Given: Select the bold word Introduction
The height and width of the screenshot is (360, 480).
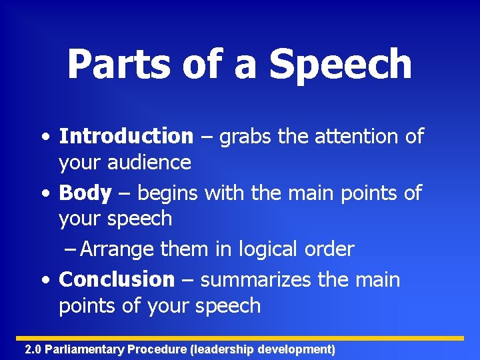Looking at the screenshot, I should (126, 137).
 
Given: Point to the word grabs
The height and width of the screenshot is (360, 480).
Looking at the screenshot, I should (247, 137).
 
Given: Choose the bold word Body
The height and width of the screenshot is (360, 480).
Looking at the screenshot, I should (85, 193).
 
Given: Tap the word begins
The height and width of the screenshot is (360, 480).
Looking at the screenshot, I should (169, 194).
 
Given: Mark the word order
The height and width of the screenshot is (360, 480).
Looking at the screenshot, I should (329, 249).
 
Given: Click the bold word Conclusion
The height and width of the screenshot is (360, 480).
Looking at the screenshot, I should (117, 279).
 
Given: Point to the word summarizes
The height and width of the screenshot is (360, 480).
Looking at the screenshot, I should (255, 280).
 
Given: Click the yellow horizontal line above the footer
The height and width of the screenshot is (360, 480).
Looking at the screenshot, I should (240, 338).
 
